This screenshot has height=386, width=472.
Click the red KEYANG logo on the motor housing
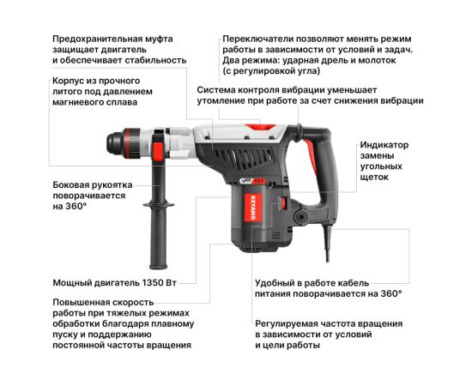[252, 208]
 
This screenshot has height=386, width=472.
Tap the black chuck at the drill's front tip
[115, 143]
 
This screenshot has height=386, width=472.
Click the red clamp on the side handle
[158, 151]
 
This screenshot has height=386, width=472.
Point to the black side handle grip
[159, 237]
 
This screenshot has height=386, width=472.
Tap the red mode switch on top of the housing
[260, 127]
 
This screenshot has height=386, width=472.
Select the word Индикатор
[384, 145]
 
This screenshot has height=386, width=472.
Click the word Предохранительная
[98, 39]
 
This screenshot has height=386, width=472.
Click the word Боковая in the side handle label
[70, 184]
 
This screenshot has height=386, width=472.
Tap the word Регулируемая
[287, 323]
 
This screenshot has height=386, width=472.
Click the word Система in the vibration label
[215, 90]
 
